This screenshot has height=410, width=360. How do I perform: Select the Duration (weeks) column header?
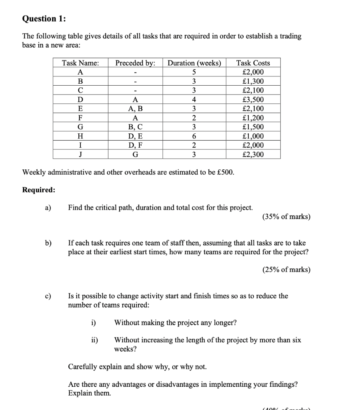point(194,63)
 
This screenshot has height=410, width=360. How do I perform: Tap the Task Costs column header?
point(253,63)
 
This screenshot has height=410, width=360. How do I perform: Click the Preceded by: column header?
point(135,63)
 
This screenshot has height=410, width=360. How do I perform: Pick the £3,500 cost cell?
point(253,100)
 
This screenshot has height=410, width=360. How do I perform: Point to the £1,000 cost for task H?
point(253,136)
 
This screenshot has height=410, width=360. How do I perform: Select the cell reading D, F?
point(135,145)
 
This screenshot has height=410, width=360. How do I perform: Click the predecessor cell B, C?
point(135,127)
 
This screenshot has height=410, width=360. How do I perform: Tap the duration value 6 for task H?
point(194,136)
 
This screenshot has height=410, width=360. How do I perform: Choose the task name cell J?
point(80,155)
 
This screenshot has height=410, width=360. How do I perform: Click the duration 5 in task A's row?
point(194,72)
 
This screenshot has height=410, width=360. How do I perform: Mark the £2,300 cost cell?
point(253,155)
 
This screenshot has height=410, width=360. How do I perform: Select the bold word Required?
point(39,190)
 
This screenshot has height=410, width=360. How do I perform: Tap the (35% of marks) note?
point(286,217)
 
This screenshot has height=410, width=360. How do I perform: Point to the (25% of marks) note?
point(286,269)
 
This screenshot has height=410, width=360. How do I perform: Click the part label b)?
point(48,243)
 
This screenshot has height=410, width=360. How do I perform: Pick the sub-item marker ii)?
point(94,340)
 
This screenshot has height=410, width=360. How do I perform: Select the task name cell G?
point(80,127)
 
